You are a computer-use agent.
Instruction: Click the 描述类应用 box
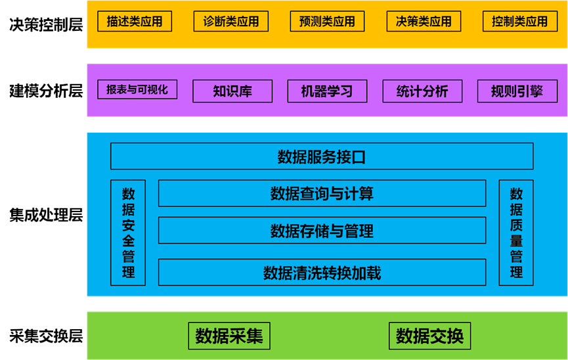point(135,21)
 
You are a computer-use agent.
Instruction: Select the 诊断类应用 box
point(230,21)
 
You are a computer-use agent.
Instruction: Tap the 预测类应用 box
point(327,21)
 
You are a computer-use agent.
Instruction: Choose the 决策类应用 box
point(424,21)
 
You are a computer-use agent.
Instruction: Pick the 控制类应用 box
point(519,21)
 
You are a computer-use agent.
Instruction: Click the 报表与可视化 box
point(137,89)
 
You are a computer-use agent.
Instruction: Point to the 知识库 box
point(232,91)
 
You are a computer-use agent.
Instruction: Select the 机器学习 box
point(327,91)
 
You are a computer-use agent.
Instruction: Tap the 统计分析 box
point(422,91)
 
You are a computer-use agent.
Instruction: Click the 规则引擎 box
point(517,91)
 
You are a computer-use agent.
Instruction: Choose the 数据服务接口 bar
point(322,156)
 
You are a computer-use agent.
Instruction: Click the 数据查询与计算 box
point(322,193)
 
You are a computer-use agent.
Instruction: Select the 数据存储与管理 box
point(322,231)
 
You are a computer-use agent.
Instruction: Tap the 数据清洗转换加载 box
point(322,273)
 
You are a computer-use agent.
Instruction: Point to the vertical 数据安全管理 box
point(128,233)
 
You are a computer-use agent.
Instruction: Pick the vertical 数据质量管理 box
point(516,233)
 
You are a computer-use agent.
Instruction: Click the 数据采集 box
point(229,336)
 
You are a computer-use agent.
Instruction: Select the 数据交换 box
point(429,336)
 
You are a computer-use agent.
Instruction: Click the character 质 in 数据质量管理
point(516,225)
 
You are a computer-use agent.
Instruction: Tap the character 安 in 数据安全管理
point(128,225)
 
